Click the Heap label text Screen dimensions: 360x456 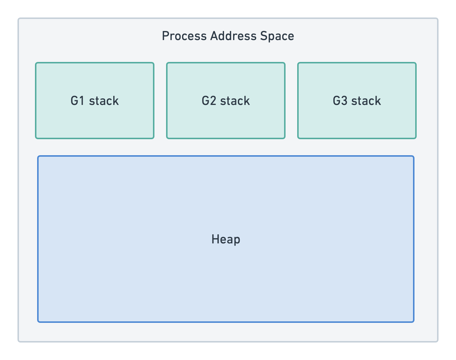tap(226, 239)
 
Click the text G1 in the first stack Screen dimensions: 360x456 tap(78, 101)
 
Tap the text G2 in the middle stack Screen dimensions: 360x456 tap(209, 101)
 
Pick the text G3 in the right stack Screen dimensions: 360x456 tap(340, 101)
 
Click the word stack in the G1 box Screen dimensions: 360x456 tap(104, 101)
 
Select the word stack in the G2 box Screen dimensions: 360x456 tap(235, 101)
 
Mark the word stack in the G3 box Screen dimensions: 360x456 tap(366, 101)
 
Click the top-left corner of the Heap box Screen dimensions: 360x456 tap(38, 157)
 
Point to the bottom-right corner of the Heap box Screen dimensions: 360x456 tap(413, 321)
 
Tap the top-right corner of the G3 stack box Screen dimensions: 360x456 tap(415, 63)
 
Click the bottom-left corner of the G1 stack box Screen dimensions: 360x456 tap(36, 138)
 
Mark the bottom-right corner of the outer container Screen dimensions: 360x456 tap(437, 341)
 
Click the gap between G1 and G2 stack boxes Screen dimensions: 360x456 tap(160, 101)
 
